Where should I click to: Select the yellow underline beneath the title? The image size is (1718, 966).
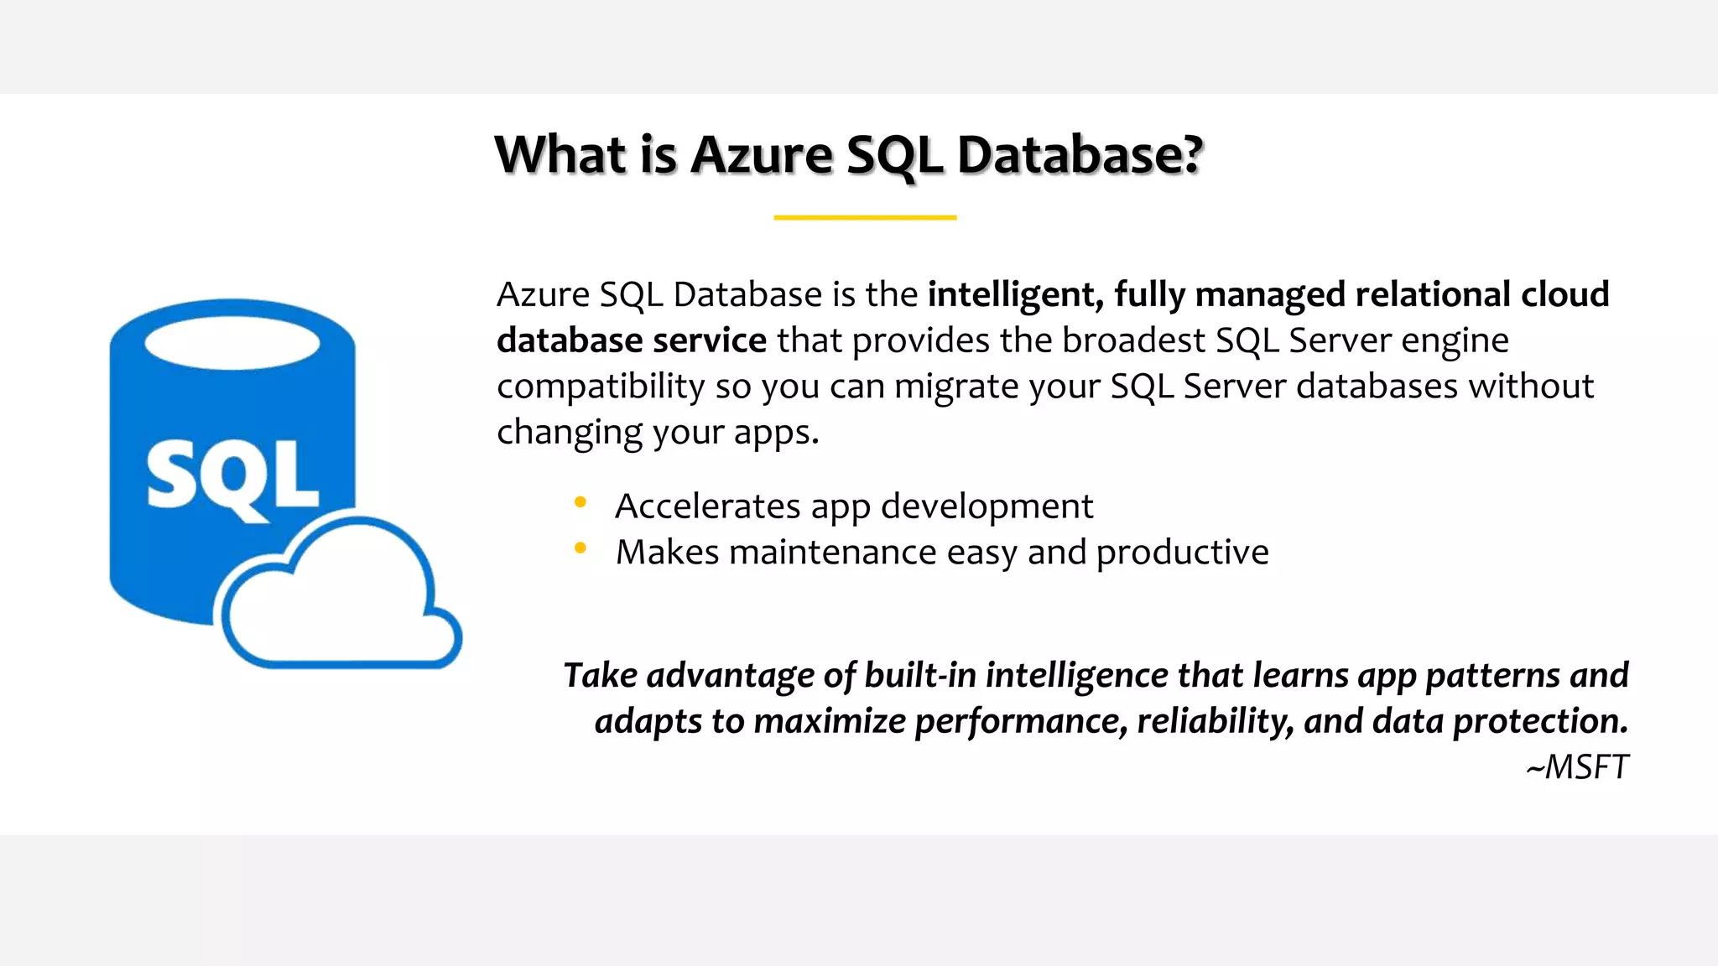coord(865,217)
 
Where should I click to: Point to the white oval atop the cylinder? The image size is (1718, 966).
coord(232,344)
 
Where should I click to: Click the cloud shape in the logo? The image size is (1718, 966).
coord(336,604)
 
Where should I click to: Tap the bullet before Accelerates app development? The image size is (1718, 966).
coord(580,502)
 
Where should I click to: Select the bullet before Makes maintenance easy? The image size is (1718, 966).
coord(580,548)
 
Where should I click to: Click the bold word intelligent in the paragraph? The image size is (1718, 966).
coord(1014,295)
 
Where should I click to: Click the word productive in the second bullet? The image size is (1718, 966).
coord(1182,553)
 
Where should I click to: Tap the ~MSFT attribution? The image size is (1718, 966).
coord(1577,766)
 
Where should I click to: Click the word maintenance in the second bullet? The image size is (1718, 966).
coord(832,553)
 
